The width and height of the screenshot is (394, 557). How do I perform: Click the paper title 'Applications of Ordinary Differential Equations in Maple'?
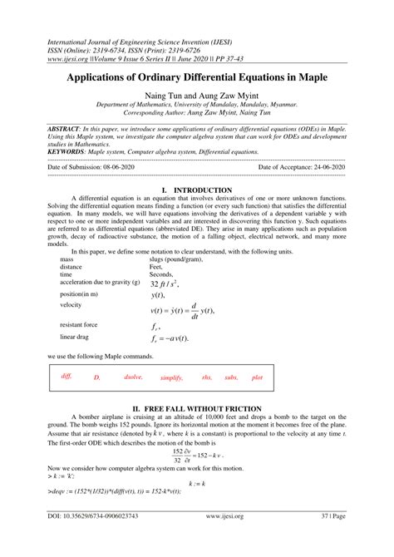click(x=197, y=76)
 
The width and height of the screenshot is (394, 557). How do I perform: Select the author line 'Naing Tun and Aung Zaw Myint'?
click(x=197, y=96)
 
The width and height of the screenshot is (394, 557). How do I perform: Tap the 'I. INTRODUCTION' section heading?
click(x=196, y=190)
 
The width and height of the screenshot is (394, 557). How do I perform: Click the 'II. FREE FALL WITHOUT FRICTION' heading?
click(x=197, y=409)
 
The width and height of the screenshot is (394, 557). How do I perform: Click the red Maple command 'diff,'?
click(x=67, y=376)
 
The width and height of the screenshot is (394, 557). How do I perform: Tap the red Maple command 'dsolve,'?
click(x=134, y=377)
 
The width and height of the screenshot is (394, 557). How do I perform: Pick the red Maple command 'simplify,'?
click(x=171, y=377)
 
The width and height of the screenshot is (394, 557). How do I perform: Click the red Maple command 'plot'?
click(x=257, y=377)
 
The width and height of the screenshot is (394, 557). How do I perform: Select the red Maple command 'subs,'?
click(x=231, y=377)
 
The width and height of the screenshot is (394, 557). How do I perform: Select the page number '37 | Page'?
click(x=337, y=539)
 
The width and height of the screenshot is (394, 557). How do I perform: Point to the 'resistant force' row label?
click(x=84, y=324)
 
